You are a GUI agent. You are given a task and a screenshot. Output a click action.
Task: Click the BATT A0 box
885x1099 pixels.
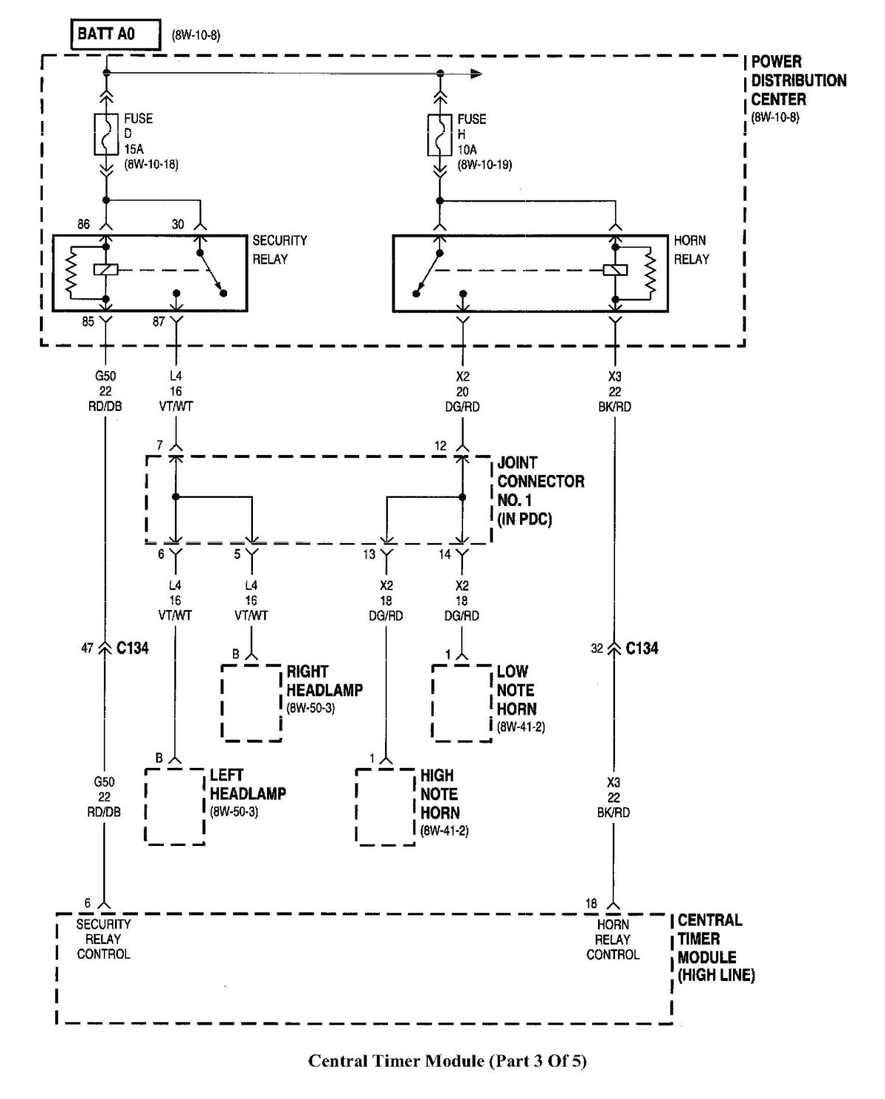pos(115,35)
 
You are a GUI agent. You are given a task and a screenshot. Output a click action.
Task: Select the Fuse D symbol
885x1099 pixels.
pos(107,134)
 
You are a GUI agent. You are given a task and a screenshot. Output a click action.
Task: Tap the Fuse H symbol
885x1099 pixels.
pos(440,134)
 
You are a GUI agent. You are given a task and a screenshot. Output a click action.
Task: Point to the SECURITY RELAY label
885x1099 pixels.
pos(279,250)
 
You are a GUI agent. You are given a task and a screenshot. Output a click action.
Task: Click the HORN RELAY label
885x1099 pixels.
pos(691,250)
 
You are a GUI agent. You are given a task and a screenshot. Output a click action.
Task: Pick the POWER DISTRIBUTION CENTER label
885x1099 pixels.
pos(798,81)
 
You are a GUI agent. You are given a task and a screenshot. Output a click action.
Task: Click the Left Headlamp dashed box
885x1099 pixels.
pos(175,805)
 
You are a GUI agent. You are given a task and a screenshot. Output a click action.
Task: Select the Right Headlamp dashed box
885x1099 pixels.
pos(251,702)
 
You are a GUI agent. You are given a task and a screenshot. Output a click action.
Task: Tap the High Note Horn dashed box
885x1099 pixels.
pos(385,805)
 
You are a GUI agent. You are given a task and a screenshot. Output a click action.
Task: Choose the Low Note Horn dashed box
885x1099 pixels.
pos(462,702)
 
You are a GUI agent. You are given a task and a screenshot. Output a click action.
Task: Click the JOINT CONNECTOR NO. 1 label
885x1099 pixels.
pos(540,490)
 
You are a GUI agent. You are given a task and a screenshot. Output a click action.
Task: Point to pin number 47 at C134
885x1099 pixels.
pos(87,648)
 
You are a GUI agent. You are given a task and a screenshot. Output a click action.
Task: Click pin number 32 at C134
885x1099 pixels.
pos(597,648)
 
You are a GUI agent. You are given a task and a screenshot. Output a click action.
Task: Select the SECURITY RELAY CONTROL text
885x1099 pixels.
pos(103,939)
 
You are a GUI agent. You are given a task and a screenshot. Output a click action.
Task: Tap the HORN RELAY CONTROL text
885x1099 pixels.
pos(612,940)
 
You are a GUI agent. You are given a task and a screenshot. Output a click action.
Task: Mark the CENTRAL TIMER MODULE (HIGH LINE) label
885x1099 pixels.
pos(715,948)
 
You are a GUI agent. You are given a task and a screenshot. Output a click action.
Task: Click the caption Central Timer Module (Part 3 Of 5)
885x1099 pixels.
pos(447,1061)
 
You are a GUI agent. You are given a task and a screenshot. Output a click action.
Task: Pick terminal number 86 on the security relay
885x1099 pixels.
pos(84,224)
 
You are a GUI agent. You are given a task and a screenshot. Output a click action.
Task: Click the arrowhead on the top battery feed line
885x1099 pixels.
pos(476,73)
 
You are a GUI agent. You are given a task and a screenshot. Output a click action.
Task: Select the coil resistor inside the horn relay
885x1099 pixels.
pos(650,271)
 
